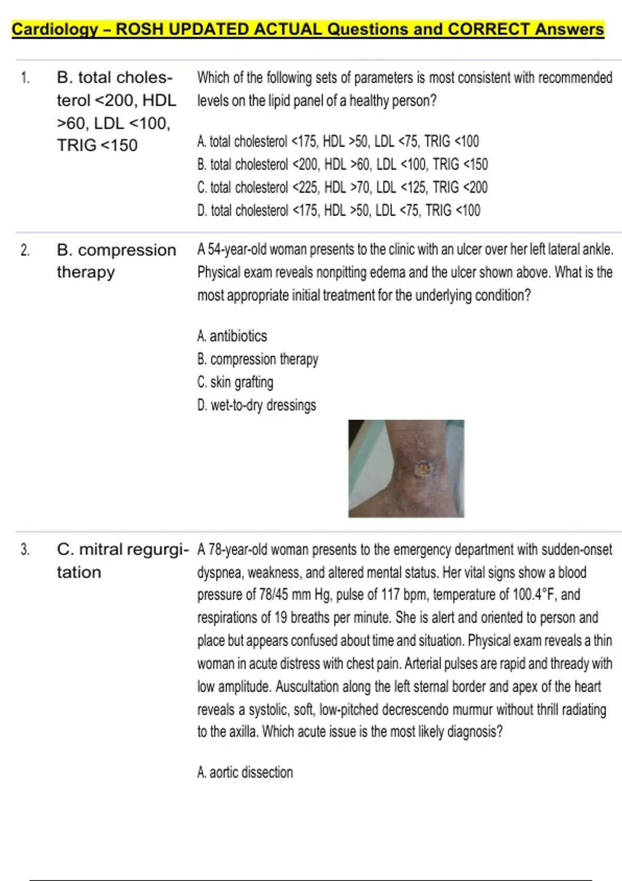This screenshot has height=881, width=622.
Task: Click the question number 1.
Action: point(25,78)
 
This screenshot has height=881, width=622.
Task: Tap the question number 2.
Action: point(25,251)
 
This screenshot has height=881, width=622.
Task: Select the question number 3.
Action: point(25,550)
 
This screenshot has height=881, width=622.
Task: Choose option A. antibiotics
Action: point(232,336)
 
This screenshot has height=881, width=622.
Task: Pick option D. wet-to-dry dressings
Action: point(256,405)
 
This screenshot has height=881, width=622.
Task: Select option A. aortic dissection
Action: point(245,772)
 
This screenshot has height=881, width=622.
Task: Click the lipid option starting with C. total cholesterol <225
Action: point(342,187)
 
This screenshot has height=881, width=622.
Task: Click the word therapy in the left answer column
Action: point(86,272)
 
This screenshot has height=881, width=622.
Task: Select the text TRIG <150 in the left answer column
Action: point(97,146)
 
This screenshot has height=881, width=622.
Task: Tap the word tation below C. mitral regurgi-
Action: point(79,573)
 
